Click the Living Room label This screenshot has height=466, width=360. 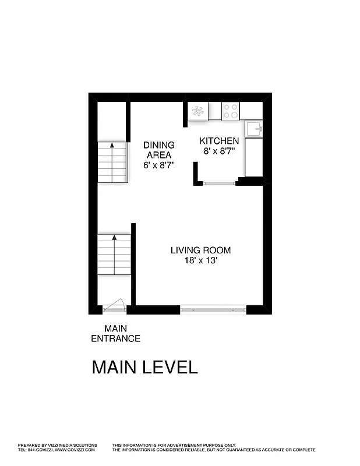(200, 250)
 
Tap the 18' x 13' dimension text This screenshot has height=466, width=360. (200, 261)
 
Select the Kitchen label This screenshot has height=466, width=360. (219, 141)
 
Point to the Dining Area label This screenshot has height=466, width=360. (158, 150)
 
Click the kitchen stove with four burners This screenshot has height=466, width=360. (231, 111)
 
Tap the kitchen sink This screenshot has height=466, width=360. (254, 128)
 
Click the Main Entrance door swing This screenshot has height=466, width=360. (115, 305)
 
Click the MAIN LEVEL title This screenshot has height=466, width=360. (145, 368)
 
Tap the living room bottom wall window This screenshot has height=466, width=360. (213, 310)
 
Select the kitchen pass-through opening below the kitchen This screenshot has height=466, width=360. (220, 183)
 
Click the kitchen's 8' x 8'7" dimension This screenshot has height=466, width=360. (219, 151)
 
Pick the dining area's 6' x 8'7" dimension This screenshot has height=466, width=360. (159, 165)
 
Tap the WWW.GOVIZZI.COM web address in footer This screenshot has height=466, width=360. (76, 450)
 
